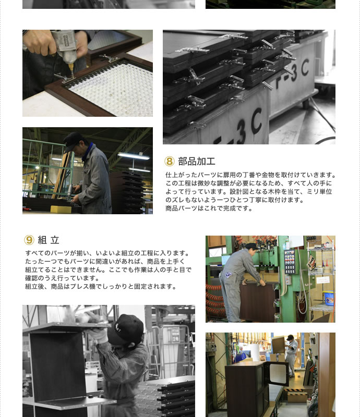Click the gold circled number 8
[170, 161]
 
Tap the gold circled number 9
[29, 240]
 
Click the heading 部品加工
[197, 161]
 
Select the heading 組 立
[49, 240]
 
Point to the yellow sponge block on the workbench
[61, 210]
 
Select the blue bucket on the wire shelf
[329, 298]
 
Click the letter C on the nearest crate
[256, 121]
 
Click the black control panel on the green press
[290, 262]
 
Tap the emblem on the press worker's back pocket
[228, 275]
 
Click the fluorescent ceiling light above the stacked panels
[134, 156]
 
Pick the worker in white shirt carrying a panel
[291, 355]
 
